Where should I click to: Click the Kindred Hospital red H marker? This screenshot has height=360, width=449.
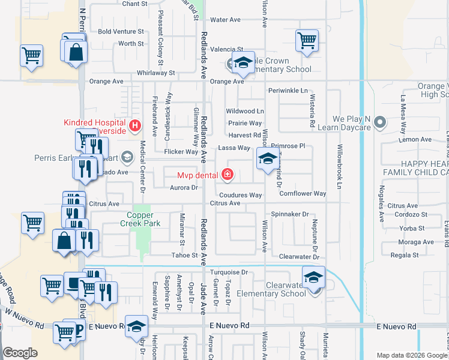tap(135, 125)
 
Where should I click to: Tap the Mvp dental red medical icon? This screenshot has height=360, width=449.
tap(228, 175)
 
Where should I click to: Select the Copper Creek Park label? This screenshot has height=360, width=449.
tap(140, 219)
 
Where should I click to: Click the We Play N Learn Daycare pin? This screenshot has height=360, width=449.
tap(379, 123)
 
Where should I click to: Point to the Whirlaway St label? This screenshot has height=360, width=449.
tap(155, 73)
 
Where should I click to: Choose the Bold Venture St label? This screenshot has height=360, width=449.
tap(121, 31)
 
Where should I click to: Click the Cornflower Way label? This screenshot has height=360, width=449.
tap(303, 194)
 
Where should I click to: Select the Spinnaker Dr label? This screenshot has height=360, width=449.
tap(289, 214)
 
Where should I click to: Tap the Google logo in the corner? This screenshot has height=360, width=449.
tap(20, 353)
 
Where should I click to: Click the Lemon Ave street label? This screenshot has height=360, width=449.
tap(418, 140)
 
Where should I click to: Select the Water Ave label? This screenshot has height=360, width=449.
tap(226, 20)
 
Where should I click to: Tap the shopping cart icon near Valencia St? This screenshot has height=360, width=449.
tap(307, 41)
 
